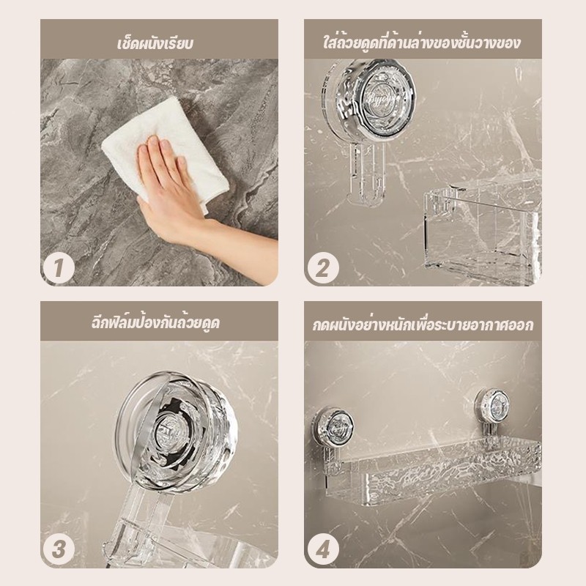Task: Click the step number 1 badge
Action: pos(59,268)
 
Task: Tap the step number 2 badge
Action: pos(323,268)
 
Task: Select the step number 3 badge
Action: pos(59,549)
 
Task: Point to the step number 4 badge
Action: pos(323,549)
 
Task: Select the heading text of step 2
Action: pos(422,42)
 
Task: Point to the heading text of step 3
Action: pos(155,322)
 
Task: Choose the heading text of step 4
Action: pos(423,324)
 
